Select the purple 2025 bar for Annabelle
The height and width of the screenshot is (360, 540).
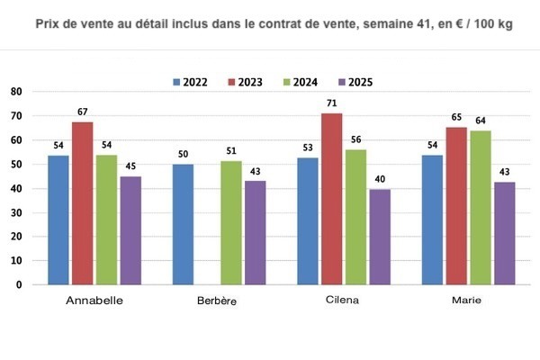(x=130, y=229)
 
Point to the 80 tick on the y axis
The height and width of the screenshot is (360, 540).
(x=15, y=92)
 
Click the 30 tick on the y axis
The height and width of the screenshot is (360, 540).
(x=15, y=212)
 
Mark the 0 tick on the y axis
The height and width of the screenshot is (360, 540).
(x=18, y=284)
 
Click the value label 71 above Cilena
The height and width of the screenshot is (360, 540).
(x=332, y=103)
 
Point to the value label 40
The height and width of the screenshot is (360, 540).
(x=380, y=178)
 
